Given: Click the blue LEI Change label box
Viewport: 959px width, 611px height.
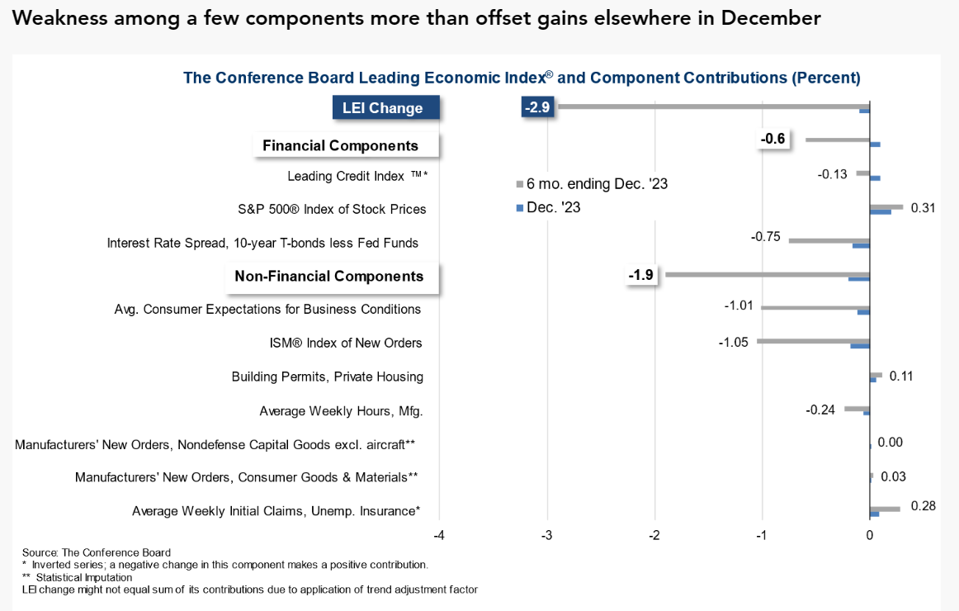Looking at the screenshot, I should coord(383,108).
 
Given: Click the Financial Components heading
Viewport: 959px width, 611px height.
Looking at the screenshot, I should coord(340,145).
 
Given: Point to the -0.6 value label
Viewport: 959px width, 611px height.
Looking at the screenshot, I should coord(772,140).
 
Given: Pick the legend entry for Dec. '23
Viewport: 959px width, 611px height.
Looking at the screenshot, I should coord(548,207).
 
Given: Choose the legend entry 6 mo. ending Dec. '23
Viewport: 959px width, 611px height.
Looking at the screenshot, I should coord(591,183).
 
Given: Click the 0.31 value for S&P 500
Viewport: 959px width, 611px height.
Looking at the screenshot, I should coord(923,208).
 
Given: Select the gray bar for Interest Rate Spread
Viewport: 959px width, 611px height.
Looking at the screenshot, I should coord(829,240).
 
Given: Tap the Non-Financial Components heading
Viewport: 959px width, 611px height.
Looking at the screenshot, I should coord(329,276).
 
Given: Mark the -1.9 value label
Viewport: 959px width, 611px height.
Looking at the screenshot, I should coord(641,275).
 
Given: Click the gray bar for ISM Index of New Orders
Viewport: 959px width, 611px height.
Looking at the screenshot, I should coord(813,340).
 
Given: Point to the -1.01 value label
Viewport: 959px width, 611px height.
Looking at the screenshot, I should coord(738,306).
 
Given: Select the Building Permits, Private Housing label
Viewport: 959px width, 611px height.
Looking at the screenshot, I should coord(328,377).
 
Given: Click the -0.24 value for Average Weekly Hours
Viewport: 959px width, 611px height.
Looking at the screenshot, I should coord(820,409).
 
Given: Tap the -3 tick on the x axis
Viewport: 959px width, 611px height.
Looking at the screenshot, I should coord(546,535).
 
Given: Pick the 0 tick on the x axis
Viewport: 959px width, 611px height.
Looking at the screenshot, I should coord(870,535).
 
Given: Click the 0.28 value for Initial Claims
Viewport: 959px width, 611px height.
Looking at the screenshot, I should coord(923,506).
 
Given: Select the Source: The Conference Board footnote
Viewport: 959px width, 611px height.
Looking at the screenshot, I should coord(96,552).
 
